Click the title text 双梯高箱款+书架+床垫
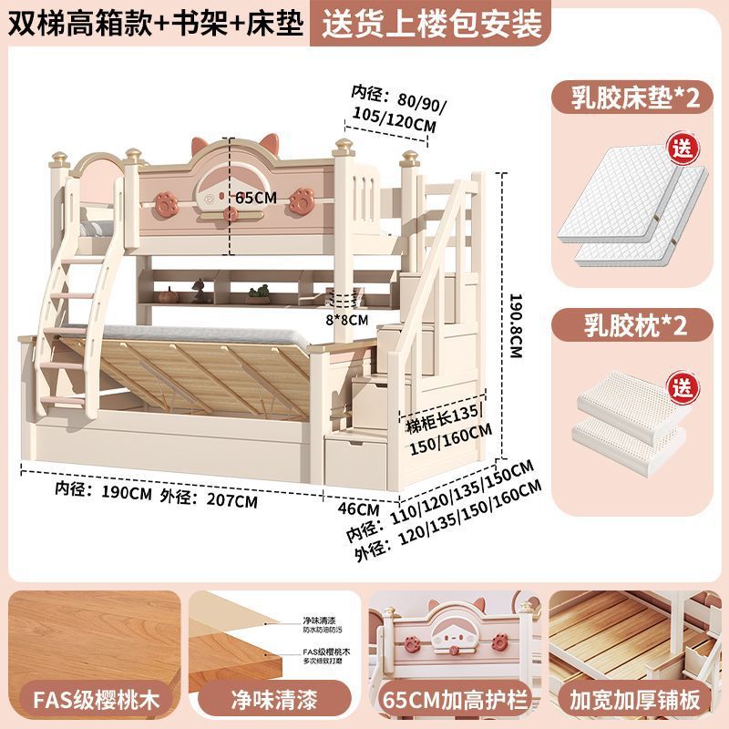(155, 22)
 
